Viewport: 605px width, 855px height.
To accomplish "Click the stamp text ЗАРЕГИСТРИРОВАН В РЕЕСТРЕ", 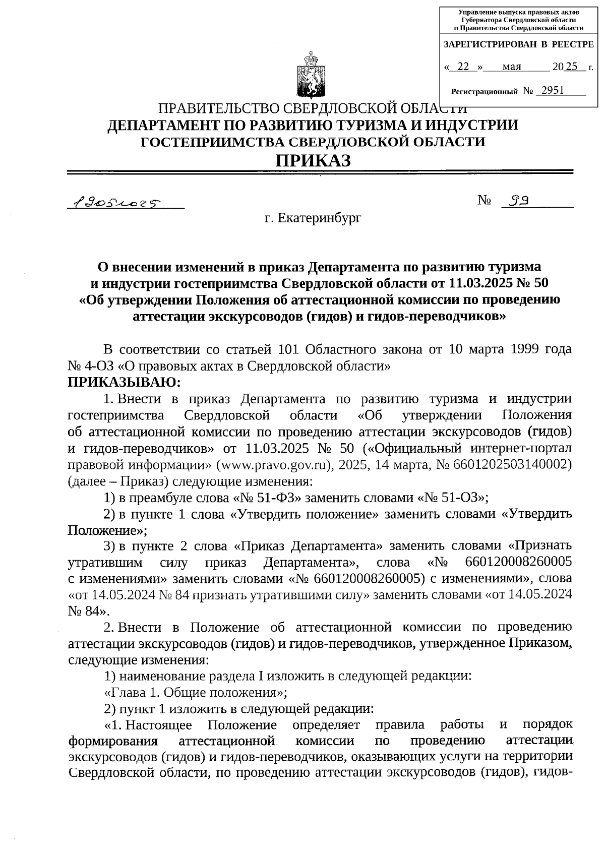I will [518, 45].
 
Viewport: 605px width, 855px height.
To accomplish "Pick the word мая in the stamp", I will [512, 67].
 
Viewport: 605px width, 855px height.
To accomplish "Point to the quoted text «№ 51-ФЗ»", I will [268, 498].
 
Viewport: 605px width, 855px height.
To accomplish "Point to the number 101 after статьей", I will [289, 349].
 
